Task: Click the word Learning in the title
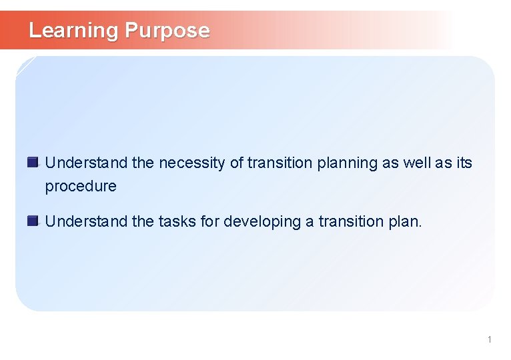coord(73,31)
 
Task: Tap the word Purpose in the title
coord(167,31)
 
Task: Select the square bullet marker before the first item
coord(33,162)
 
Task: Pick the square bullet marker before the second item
coord(33,221)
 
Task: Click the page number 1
coord(489,340)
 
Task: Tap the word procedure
coord(81,187)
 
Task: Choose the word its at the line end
coord(464,163)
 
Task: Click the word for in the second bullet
coord(210,222)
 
